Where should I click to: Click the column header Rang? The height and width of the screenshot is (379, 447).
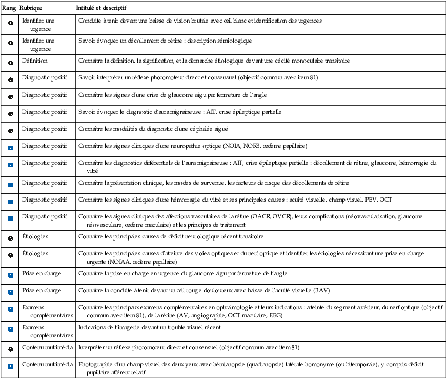(9, 9)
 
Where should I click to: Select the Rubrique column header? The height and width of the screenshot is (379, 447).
(31, 9)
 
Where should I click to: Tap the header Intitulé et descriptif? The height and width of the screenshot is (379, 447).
(102, 9)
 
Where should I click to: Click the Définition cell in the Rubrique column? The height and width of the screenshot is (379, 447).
(34, 61)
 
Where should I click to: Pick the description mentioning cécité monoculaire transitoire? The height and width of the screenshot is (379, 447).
(214, 61)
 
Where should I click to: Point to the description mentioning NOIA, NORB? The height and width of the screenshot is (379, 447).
(192, 146)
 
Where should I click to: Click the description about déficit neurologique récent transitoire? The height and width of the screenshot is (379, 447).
(171, 237)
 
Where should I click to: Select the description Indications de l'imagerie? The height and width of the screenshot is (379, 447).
(150, 327)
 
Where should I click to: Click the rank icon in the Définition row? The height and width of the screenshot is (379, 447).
(10, 63)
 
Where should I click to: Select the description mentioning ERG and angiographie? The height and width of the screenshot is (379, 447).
(256, 311)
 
